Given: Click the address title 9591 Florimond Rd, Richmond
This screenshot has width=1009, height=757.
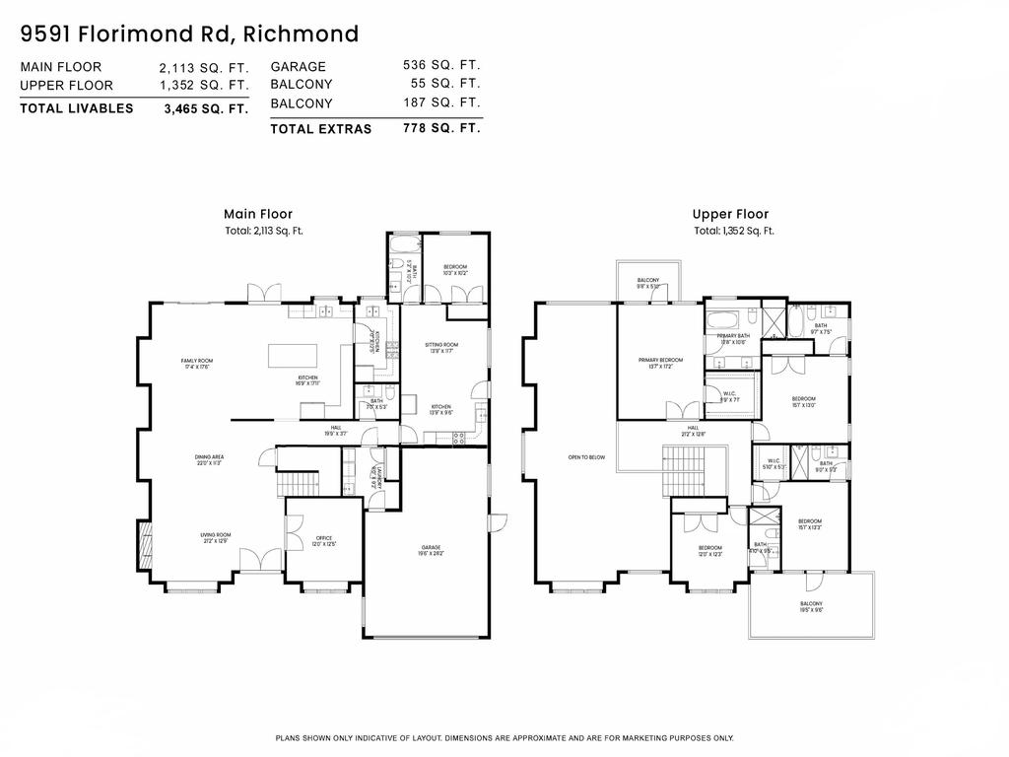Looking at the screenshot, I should (x=189, y=34).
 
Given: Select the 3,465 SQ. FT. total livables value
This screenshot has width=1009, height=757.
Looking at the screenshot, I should (x=205, y=109).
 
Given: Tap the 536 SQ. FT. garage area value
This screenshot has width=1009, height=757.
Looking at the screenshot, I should (x=440, y=66).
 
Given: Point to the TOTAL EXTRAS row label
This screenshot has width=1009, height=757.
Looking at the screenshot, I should (x=320, y=128).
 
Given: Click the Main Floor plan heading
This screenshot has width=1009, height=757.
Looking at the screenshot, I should (x=258, y=214).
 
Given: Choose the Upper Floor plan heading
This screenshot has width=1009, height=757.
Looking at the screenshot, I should (x=730, y=214).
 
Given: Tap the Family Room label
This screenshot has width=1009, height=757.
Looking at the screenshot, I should (x=197, y=364).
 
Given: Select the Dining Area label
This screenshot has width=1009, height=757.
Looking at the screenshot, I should (x=210, y=459).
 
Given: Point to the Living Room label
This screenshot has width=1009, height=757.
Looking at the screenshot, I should (x=217, y=538).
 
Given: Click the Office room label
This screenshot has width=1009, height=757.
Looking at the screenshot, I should (x=324, y=541).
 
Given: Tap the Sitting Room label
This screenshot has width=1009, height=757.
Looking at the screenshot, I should (x=440, y=348).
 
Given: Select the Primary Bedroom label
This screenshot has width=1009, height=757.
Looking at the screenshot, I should (x=659, y=363).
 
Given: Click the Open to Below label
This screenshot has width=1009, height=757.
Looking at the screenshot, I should (x=585, y=457).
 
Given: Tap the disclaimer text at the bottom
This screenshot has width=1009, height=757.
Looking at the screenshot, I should (x=504, y=738).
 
